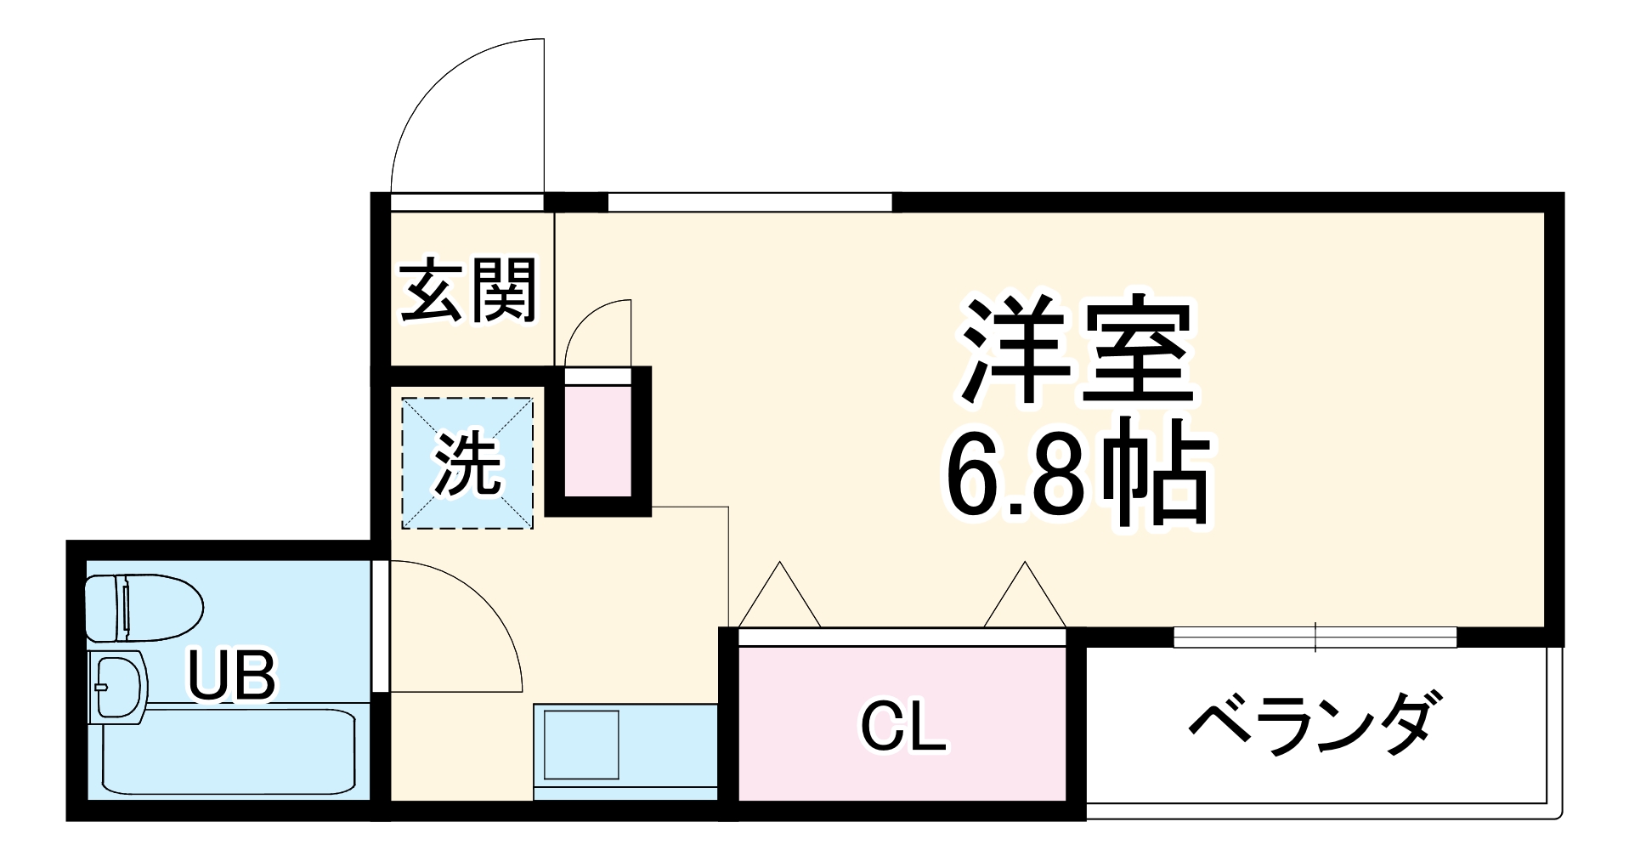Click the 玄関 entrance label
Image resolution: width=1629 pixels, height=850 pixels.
coord(468,291)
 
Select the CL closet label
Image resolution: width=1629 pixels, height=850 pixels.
coord(902,728)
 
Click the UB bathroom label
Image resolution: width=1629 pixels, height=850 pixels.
coord(231,677)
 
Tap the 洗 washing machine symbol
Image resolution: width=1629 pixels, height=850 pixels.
coord(467,464)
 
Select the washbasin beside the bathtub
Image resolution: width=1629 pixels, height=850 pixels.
coord(117,687)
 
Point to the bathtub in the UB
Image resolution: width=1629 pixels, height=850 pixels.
coord(229,750)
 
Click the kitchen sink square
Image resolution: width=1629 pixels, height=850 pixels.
coord(581,744)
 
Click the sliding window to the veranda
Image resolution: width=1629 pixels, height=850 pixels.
coord(1315,637)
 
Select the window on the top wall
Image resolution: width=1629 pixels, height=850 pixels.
coord(749,202)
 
